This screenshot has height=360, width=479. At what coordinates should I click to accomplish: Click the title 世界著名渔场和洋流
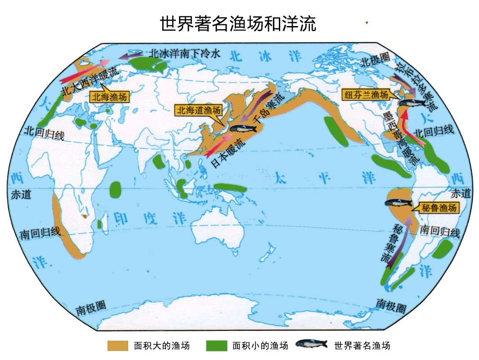(238, 23)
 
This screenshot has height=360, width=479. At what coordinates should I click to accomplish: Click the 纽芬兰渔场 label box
(366, 94)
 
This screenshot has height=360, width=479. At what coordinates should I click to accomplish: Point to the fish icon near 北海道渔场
(243, 129)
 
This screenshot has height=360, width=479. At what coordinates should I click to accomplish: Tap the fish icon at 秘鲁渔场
(398, 203)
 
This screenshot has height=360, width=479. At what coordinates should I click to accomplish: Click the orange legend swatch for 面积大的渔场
(118, 346)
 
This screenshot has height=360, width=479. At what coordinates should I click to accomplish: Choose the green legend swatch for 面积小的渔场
(217, 346)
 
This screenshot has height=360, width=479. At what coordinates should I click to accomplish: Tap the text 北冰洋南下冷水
(185, 53)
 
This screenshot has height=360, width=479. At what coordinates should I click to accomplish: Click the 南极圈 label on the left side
(91, 308)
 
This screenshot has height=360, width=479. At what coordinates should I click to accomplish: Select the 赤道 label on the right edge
(461, 194)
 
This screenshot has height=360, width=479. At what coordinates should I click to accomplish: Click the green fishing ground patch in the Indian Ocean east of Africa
(116, 189)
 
